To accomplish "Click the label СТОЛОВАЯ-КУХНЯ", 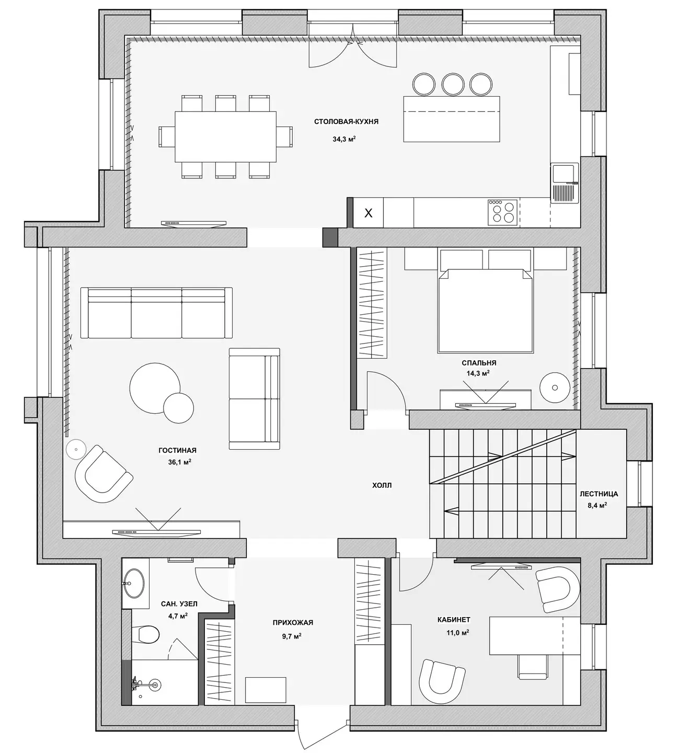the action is pos(346,122).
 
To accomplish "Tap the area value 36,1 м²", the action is pos(179,462).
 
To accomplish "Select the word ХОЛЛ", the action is pos(382,485).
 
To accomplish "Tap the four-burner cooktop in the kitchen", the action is pos(503,212).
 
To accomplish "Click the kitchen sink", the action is pos(565,183).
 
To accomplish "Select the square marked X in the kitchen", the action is pos(369,213).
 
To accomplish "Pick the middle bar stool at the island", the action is pos(452,84).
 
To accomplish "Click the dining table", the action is pos(225,136).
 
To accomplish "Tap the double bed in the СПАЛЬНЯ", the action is pos(486,311).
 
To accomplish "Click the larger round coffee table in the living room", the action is pos(155,388).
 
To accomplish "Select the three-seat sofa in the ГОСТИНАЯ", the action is pos(156,313).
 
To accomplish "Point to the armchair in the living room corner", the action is pos(104,474).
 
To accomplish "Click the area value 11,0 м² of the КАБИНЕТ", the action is pos(457,633).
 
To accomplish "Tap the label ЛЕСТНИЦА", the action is pos(599,494).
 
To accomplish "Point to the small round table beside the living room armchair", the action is pos(76,449).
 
